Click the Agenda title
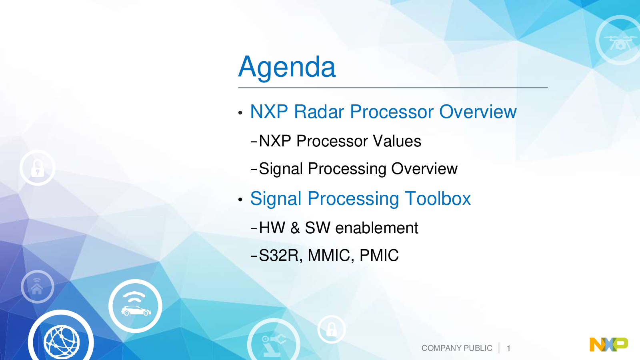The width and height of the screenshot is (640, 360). (x=287, y=68)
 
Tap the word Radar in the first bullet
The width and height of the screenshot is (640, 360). (x=319, y=112)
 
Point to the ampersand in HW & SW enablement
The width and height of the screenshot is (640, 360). (x=295, y=228)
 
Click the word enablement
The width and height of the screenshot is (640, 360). (x=376, y=228)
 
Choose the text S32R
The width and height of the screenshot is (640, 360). (x=278, y=256)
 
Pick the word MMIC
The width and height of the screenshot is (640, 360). (x=329, y=256)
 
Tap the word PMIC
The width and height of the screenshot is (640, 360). (x=379, y=256)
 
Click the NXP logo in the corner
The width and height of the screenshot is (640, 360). (x=608, y=344)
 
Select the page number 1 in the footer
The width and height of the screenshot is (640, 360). (x=508, y=348)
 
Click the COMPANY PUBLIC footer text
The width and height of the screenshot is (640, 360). (x=457, y=348)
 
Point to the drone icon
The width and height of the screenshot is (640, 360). (x=620, y=42)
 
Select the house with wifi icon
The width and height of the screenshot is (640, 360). (x=37, y=286)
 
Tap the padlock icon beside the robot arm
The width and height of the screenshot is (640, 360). (x=332, y=330)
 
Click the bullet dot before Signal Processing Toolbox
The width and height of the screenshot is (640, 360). (x=240, y=200)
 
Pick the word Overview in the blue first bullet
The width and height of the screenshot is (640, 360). (x=478, y=112)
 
